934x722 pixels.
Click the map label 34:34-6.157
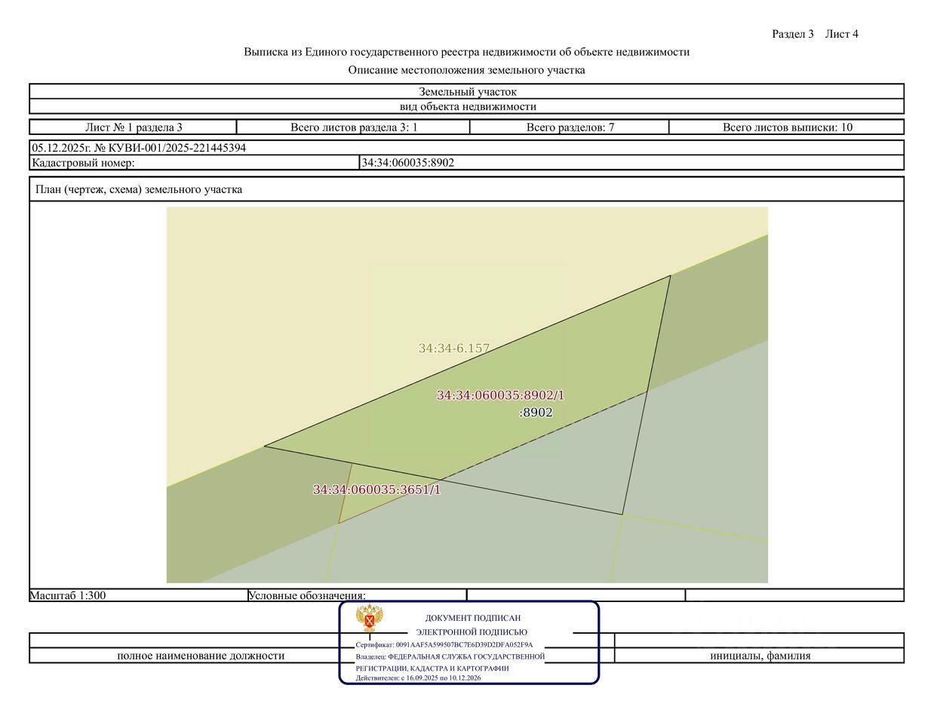tap(454, 349)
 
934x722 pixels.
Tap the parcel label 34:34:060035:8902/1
tap(500, 395)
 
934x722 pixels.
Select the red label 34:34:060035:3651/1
tap(376, 490)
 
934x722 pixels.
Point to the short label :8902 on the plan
tap(536, 413)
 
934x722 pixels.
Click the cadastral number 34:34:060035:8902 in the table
tap(408, 162)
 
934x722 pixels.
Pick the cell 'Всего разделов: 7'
tap(570, 128)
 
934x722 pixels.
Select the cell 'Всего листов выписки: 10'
tap(787, 128)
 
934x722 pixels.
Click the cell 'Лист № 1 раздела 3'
tap(134, 128)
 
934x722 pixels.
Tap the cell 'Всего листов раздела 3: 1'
tap(354, 128)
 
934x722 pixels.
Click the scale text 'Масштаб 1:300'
tap(68, 595)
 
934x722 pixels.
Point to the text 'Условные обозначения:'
tap(307, 595)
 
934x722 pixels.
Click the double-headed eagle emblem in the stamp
tap(370, 619)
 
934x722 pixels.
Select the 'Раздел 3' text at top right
tap(793, 34)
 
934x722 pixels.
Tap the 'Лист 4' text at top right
tap(841, 34)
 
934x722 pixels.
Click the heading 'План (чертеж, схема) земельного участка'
tap(139, 189)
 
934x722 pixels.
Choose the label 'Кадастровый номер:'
tap(83, 162)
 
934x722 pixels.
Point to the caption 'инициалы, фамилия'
tap(760, 656)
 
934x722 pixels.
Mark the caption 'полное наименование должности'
tap(201, 656)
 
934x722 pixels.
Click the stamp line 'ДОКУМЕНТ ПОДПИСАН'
tap(473, 618)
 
